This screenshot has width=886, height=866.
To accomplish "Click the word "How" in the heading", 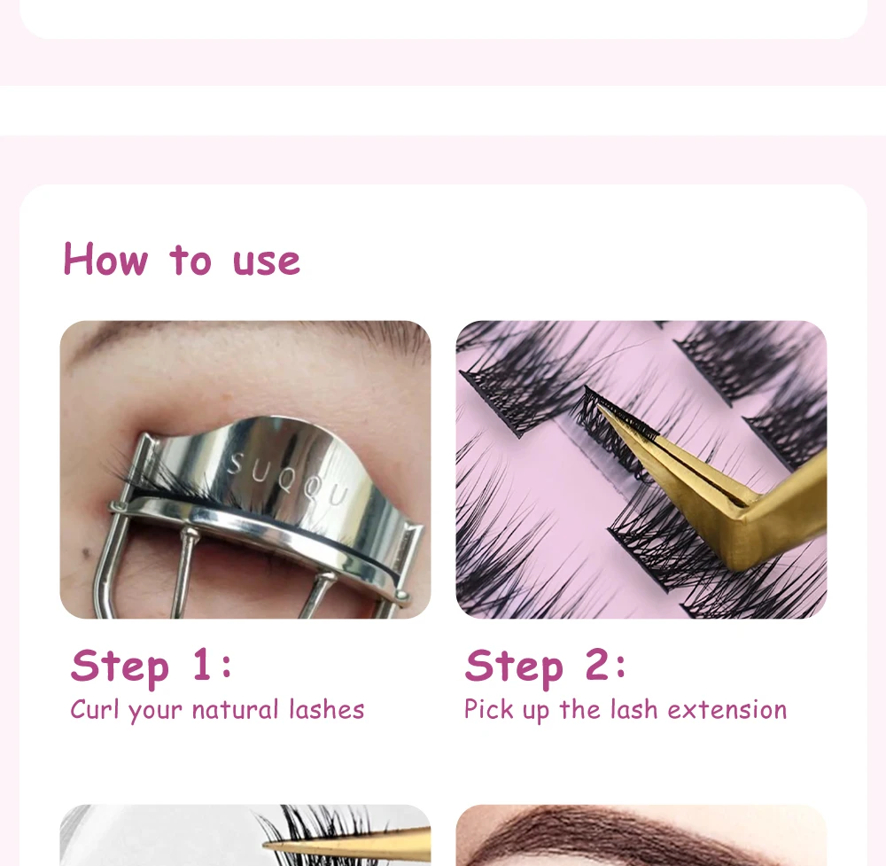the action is pyautogui.click(x=105, y=259).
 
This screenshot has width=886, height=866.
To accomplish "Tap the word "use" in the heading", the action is pyautogui.click(x=266, y=262).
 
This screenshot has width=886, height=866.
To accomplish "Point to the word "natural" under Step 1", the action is pyautogui.click(x=235, y=709).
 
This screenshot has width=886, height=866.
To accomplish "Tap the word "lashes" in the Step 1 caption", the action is pyautogui.click(x=327, y=709).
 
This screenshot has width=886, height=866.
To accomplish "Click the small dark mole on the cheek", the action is pyautogui.click(x=86, y=552).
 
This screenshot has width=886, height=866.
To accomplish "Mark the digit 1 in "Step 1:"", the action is pyautogui.click(x=202, y=664).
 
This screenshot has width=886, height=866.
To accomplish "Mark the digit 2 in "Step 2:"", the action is pyautogui.click(x=596, y=664).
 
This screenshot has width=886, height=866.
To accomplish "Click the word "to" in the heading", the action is pyautogui.click(x=190, y=261).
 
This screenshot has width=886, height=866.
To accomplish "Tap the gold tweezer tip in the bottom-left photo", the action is pyautogui.click(x=268, y=845).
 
